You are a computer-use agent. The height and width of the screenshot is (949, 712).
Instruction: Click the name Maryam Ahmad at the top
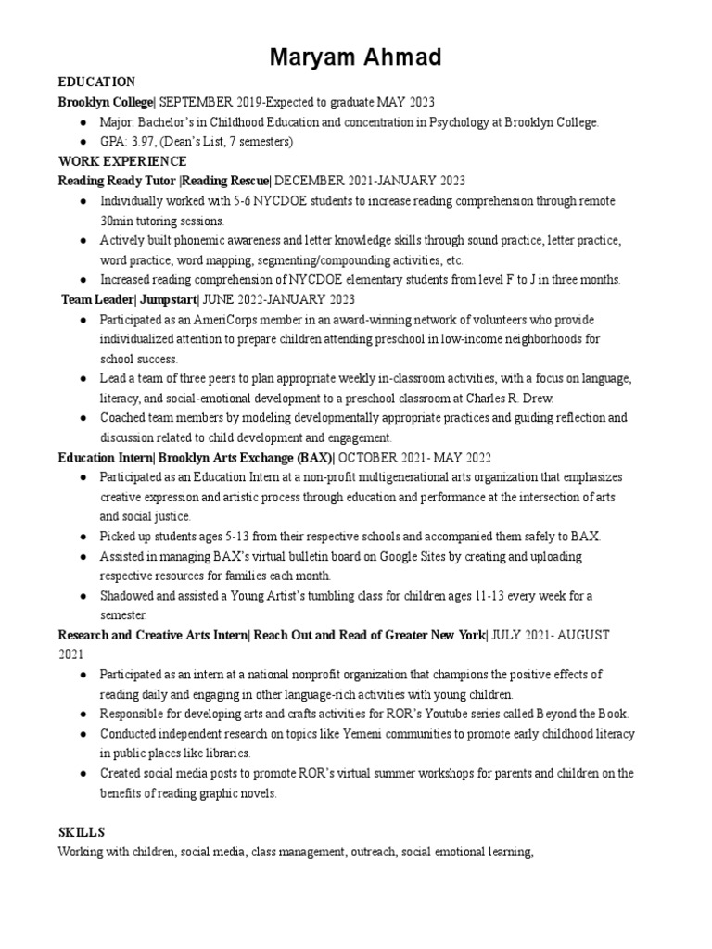coord(356,58)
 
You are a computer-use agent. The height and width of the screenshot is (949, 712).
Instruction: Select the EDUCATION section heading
coord(96,82)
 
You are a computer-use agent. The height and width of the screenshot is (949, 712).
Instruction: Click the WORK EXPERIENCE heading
coord(122,161)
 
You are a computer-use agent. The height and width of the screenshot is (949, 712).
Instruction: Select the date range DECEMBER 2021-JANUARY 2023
coord(370,181)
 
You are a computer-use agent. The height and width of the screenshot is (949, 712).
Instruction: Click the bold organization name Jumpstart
coord(168,299)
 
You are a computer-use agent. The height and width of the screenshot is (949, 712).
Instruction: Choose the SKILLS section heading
coord(81,833)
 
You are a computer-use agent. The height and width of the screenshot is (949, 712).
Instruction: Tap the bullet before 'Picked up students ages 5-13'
coord(84,537)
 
